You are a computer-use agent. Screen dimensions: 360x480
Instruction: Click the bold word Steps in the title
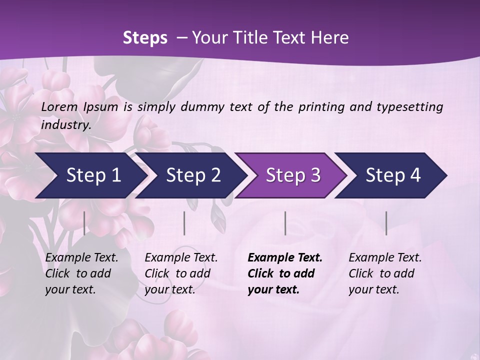[x=145, y=38]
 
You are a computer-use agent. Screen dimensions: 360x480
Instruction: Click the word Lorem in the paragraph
[x=59, y=106]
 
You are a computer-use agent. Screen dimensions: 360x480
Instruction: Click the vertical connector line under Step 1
[x=84, y=223]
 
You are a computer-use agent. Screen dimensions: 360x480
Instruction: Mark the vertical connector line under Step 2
[x=184, y=223]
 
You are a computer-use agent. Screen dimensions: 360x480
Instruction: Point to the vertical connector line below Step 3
[x=285, y=223]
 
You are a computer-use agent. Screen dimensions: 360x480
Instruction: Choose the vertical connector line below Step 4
[x=386, y=223]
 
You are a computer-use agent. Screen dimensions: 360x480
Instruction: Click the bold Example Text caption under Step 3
[x=285, y=273]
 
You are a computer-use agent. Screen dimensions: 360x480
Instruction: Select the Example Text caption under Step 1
[x=81, y=273]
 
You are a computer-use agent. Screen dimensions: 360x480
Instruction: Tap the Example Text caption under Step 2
[x=181, y=273]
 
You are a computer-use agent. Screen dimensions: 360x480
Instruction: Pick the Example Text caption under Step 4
[x=385, y=273]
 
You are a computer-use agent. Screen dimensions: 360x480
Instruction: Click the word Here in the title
[x=333, y=38]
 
